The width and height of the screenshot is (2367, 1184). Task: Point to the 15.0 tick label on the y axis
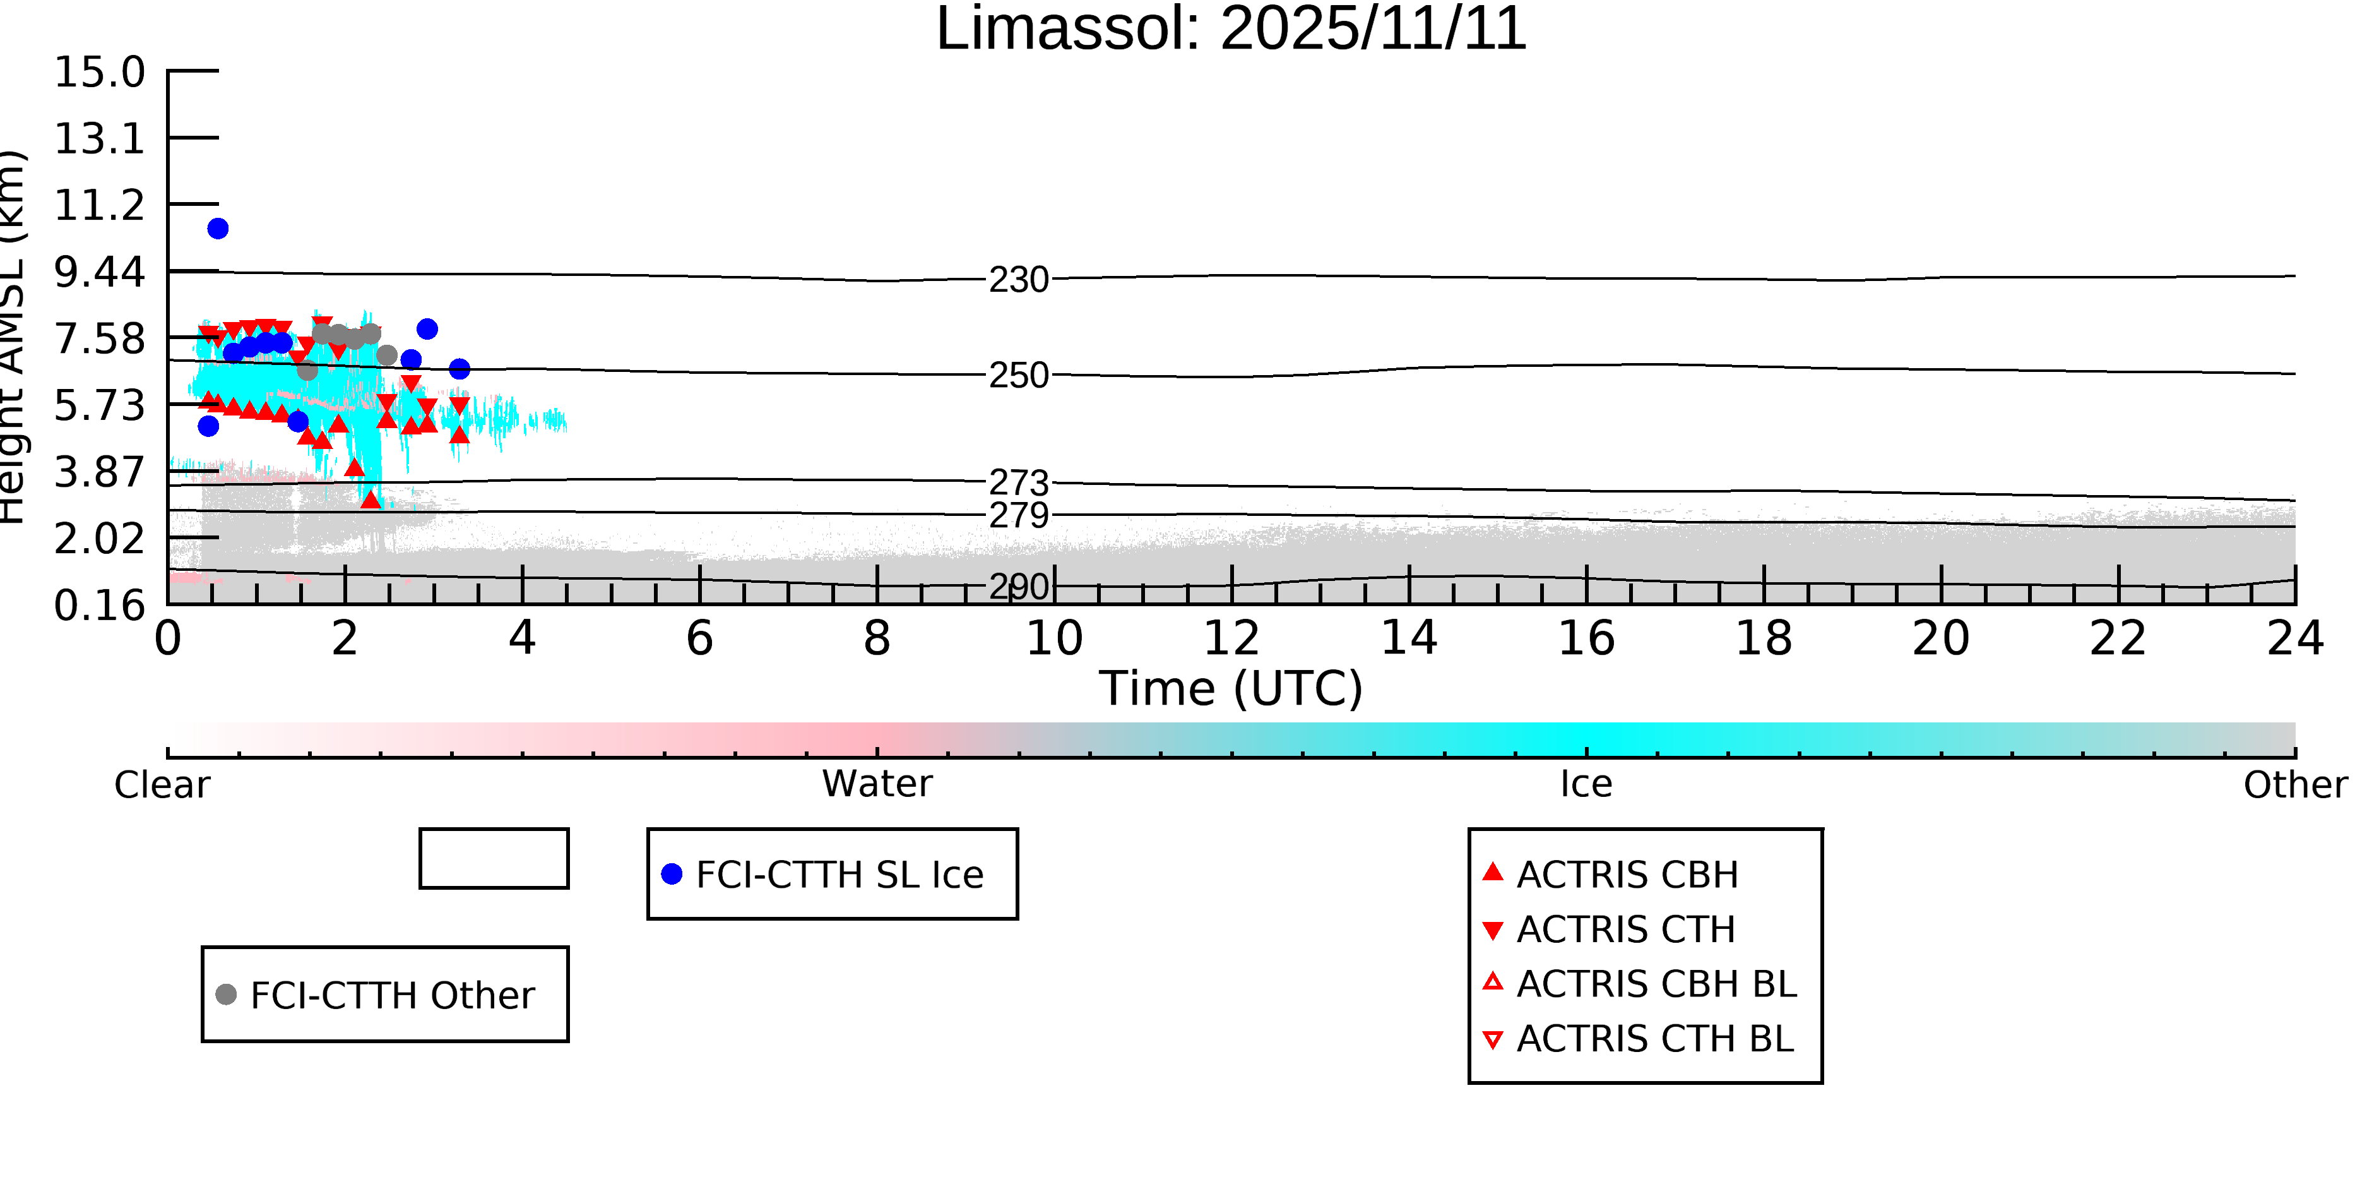[x=99, y=73]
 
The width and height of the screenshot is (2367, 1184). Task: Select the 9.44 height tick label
[x=99, y=272]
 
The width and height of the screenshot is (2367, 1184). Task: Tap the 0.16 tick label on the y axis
[x=99, y=606]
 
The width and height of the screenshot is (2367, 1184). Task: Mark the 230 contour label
[x=1018, y=280]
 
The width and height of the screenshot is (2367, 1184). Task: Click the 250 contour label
[x=1018, y=375]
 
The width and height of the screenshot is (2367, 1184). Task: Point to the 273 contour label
[x=1018, y=482]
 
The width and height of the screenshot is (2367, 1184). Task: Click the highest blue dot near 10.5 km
[x=218, y=229]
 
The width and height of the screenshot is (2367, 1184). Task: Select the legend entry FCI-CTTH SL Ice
[x=839, y=874]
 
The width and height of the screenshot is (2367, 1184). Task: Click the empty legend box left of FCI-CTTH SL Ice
[x=494, y=859]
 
